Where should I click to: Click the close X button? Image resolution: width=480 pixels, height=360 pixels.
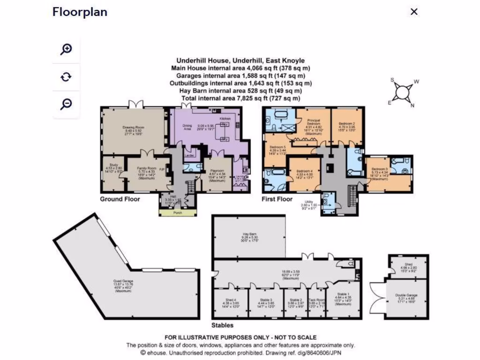(414, 12)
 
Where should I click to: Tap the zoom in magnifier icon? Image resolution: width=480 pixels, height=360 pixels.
(67, 49)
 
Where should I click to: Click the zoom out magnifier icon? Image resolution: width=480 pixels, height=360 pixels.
(67, 104)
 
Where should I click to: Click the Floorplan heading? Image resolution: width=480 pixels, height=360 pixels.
(80, 12)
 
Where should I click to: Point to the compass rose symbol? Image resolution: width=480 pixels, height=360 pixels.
(402, 91)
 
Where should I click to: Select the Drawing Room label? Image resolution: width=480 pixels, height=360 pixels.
(134, 127)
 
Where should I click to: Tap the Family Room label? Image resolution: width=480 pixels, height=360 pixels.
(146, 167)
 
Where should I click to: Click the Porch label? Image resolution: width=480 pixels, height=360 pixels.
(178, 212)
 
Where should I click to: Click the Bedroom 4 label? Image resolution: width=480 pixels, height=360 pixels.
(304, 171)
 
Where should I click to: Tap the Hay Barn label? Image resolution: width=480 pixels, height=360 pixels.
(248, 233)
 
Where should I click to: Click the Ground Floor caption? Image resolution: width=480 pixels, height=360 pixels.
(120, 199)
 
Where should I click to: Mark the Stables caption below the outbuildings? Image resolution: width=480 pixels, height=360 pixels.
(222, 325)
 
